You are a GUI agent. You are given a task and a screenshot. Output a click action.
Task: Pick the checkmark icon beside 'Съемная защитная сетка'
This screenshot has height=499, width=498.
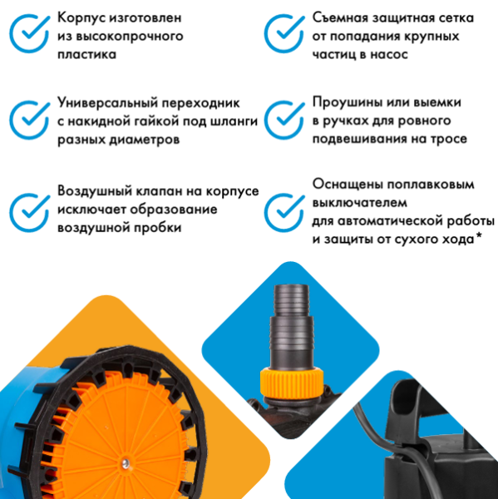coord(284,32)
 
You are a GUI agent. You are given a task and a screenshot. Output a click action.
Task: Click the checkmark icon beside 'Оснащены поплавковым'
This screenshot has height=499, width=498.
coord(284,211)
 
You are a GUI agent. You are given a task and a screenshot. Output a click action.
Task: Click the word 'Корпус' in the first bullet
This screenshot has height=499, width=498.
coord(81,17)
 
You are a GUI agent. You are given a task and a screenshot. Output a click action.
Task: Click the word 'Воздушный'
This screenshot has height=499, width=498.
coord(94,190)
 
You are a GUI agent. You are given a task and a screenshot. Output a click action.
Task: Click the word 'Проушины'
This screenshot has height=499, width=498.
coord(347,103)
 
